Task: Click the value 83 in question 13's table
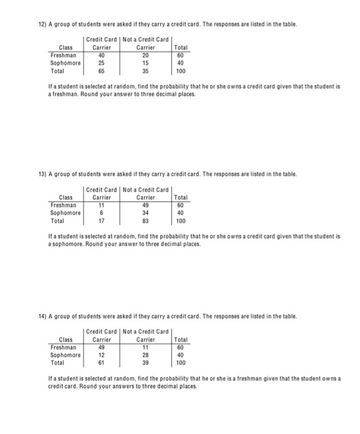point(145,220)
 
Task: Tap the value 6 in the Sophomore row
point(101,212)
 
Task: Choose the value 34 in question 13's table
point(145,212)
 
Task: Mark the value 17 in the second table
point(101,220)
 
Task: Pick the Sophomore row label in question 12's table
point(66,63)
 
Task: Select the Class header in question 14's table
point(65,339)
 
